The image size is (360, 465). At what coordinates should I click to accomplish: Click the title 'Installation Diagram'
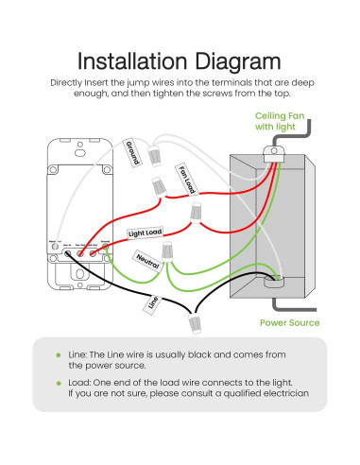click(x=179, y=61)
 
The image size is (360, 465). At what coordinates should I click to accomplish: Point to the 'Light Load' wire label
click(x=146, y=232)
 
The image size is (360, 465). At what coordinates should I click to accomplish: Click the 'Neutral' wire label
click(x=147, y=258)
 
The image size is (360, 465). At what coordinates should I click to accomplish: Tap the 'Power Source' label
click(x=289, y=322)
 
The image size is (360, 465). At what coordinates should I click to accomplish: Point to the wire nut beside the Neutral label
click(x=167, y=252)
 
